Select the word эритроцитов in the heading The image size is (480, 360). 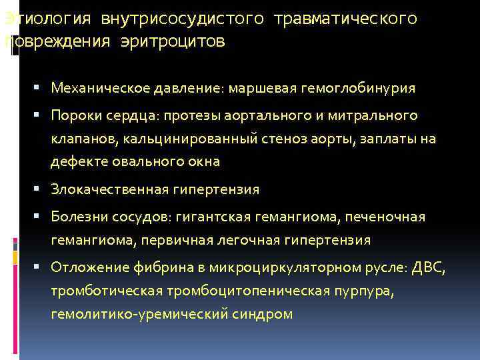pyautogui.click(x=173, y=43)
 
